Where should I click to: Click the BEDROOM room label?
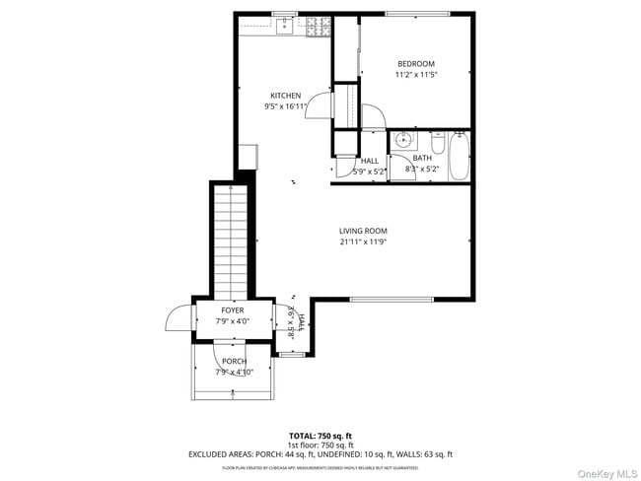[415, 64]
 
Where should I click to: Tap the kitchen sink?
[285, 28]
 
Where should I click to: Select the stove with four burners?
[319, 30]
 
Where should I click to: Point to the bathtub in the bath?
[460, 157]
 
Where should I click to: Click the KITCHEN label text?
[286, 96]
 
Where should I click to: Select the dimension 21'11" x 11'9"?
[363, 240]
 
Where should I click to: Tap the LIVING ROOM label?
[363, 230]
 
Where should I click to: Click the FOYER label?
[233, 310]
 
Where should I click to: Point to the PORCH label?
[235, 361]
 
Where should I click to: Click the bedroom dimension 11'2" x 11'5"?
[415, 75]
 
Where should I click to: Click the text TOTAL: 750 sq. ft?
[320, 435]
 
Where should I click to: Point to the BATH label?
[422, 158]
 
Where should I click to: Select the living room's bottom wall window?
[391, 299]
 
